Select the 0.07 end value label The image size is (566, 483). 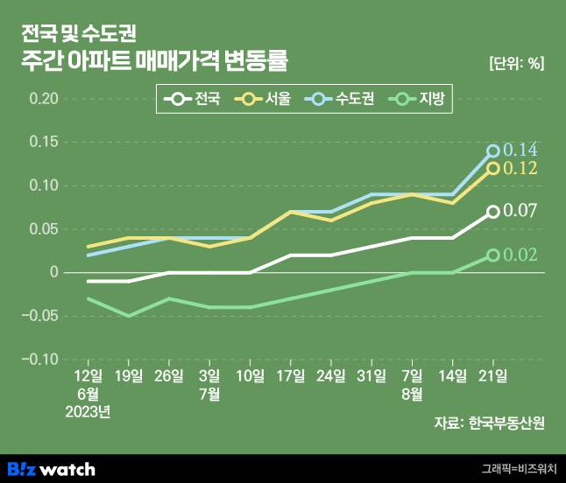[x=520, y=211]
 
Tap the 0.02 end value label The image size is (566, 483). [x=520, y=255]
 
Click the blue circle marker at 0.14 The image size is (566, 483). [x=492, y=151]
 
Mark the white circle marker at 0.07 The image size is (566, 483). [x=492, y=212]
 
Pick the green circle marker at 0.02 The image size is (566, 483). [x=492, y=255]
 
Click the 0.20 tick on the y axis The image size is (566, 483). [x=43, y=98]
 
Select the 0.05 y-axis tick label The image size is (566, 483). [x=43, y=229]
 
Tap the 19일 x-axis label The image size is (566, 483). [x=128, y=377]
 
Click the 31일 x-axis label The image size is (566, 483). [x=371, y=377]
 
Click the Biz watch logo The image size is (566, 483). [x=51, y=468]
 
